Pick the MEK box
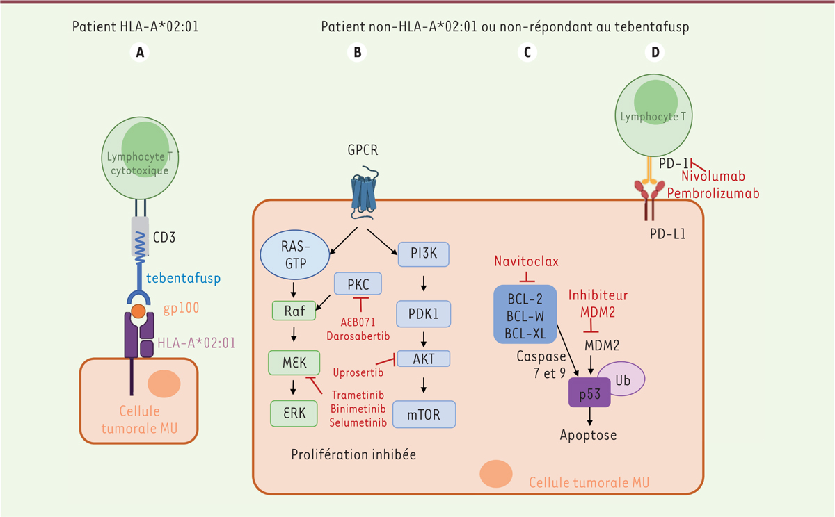click(294, 362)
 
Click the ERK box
click(294, 412)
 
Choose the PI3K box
click(423, 254)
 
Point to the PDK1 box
click(423, 313)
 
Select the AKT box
click(423, 358)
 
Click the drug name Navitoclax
click(527, 261)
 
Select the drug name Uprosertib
click(358, 372)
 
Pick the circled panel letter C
click(527, 52)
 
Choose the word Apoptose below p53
click(589, 436)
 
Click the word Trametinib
click(358, 394)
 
